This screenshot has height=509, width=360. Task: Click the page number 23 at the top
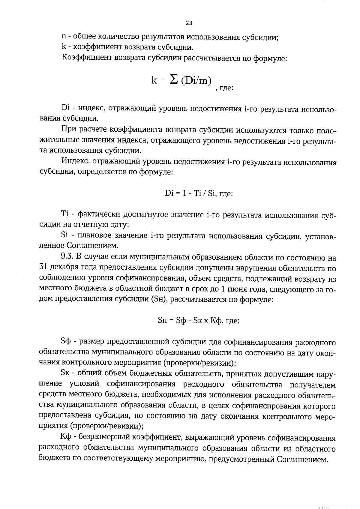coord(189,23)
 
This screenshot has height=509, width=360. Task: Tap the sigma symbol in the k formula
coord(173,79)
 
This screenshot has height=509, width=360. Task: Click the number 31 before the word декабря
coord(43,268)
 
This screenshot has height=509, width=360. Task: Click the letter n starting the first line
coord(63,37)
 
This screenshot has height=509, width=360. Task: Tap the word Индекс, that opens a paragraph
coord(75,162)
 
